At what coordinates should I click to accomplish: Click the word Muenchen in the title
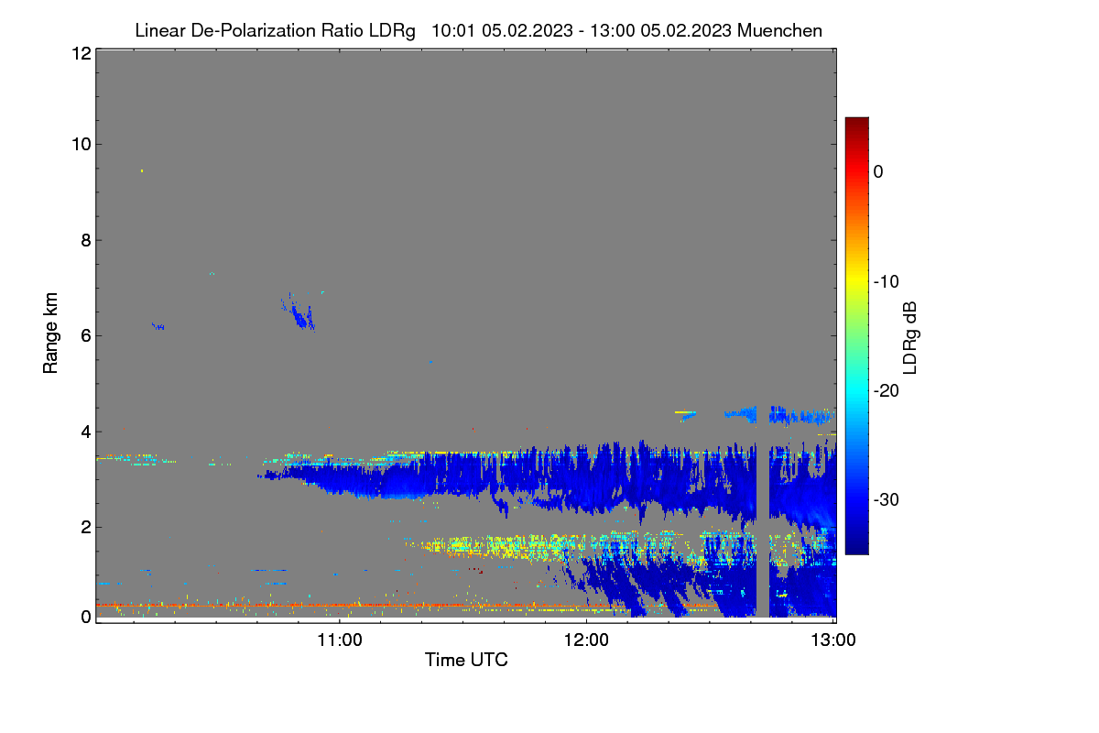coord(779,30)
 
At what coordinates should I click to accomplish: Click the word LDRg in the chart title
coord(392,31)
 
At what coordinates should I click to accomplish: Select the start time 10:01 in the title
coord(453,30)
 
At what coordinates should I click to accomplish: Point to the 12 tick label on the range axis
coord(82,53)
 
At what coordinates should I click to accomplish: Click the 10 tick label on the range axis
coord(82,144)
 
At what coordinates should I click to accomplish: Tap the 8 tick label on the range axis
coord(86,240)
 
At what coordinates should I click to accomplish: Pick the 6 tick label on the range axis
coord(86,335)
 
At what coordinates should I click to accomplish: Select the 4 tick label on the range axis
coord(86,432)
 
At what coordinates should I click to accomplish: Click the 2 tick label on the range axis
coord(86,527)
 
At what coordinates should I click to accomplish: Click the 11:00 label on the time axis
coord(340,640)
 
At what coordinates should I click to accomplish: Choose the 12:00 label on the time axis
coord(586,640)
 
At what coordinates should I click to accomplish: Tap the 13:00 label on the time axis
coord(833,640)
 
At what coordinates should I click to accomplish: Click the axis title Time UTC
coord(466,660)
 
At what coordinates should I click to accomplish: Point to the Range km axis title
coord(50,333)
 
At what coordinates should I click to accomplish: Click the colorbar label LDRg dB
coord(909,338)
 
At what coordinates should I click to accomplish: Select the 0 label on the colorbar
coord(878,171)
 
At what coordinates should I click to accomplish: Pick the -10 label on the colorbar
coord(887,281)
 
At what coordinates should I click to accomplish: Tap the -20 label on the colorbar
coord(887,391)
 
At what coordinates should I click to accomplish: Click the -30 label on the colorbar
coord(887,499)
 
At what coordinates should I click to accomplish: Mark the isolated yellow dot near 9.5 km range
coord(142,170)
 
